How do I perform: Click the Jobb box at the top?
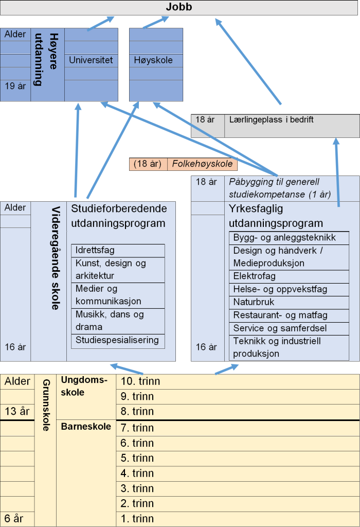tap(179, 8)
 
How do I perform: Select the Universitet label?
tap(91, 60)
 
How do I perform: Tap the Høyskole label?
tap(153, 60)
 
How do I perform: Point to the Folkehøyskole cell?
tap(202, 164)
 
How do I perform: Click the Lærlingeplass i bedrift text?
tap(271, 120)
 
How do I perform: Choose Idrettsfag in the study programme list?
tap(95, 250)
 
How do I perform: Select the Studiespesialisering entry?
tap(117, 340)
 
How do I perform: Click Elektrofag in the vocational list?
tap(255, 276)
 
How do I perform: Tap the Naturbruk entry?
tap(254, 302)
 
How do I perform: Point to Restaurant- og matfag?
tap(280, 315)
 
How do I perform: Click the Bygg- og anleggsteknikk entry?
tap(284, 237)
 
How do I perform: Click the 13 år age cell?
tap(17, 411)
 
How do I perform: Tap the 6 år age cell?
tap(15, 519)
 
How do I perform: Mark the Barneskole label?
tap(86, 427)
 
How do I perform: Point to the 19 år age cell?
tap(15, 86)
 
